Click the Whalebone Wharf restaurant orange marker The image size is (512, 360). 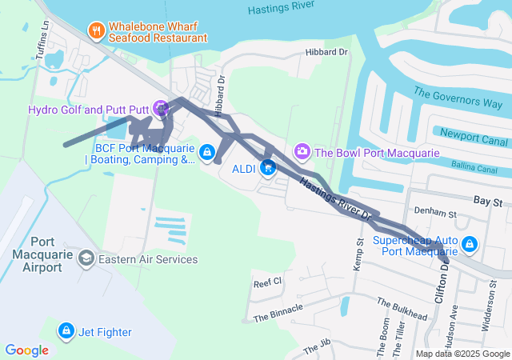point(96,30)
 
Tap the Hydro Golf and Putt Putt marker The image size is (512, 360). point(161,106)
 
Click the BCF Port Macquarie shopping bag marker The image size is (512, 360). point(206,151)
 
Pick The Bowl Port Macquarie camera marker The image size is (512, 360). point(302,150)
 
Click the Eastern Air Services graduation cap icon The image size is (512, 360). point(85,258)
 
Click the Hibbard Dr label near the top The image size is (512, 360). point(327,52)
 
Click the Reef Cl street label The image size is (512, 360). point(268,282)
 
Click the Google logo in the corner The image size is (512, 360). point(27,350)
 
